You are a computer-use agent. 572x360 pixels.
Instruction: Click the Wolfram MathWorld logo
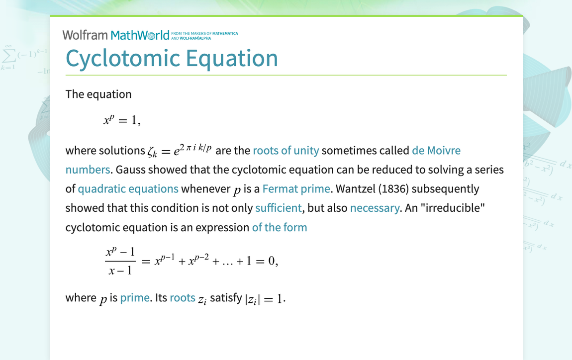point(119,35)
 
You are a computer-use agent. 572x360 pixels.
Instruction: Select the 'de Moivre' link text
point(436,150)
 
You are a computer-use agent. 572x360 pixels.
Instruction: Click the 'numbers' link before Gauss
point(88,170)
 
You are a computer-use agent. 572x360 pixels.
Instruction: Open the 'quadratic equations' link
point(128,189)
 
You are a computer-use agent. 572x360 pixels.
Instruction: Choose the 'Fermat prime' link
point(296,189)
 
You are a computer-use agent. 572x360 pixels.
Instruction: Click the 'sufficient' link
point(278,208)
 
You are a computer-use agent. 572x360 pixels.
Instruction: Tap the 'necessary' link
point(375,208)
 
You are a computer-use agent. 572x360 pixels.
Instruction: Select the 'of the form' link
point(280,228)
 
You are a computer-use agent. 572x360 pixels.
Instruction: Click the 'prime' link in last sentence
point(135,298)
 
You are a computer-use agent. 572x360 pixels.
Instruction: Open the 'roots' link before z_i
point(182,298)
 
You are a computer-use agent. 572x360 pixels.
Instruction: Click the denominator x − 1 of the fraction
point(120,270)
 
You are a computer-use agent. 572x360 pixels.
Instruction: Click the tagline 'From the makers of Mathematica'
point(204,33)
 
